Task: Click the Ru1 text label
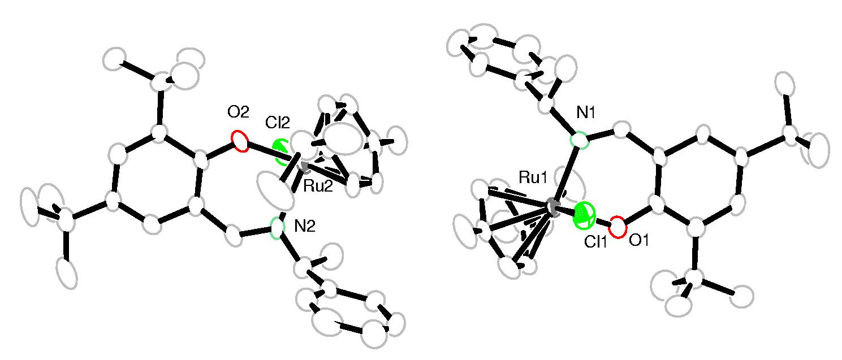pos(533,179)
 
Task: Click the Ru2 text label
pos(318,187)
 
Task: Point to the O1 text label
pos(638,241)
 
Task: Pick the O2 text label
pos(238,112)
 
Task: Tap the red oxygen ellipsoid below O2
pos(240,141)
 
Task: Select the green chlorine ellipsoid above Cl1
pos(585,217)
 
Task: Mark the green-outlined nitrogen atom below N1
pos(579,140)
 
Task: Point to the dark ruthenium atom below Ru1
pos(552,209)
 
